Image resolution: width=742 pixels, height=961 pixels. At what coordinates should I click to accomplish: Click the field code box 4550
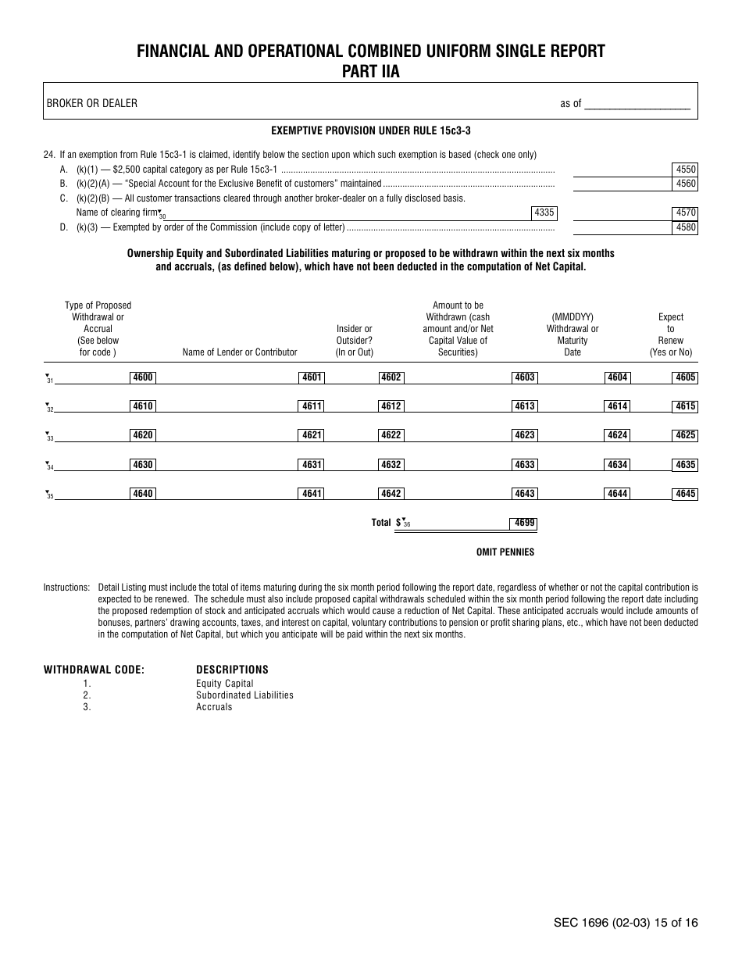point(686,170)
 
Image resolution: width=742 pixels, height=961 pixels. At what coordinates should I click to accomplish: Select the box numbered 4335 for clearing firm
point(544,213)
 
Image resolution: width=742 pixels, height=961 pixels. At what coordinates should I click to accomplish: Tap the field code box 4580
point(686,228)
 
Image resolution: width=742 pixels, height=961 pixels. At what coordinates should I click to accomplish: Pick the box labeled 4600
point(143,378)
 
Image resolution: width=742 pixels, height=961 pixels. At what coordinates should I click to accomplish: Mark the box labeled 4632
point(391,465)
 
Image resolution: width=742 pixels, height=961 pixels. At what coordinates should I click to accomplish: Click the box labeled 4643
point(524,494)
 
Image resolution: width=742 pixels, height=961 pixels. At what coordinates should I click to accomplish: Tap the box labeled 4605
point(685,378)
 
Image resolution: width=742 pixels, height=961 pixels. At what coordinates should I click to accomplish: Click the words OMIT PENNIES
point(505,552)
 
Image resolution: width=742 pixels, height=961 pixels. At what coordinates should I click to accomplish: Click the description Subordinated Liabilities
point(244,695)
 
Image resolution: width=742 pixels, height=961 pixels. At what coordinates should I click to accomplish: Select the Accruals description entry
point(214,707)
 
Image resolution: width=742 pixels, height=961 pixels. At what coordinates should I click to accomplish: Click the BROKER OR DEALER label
point(91,103)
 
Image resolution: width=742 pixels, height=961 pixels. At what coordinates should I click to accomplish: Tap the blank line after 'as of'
point(637,105)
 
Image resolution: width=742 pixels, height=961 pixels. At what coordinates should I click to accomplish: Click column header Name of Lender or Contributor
point(240,352)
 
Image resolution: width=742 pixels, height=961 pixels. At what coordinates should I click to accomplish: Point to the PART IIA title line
point(370,70)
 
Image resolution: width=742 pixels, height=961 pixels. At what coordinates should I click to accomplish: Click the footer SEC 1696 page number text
point(626,923)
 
